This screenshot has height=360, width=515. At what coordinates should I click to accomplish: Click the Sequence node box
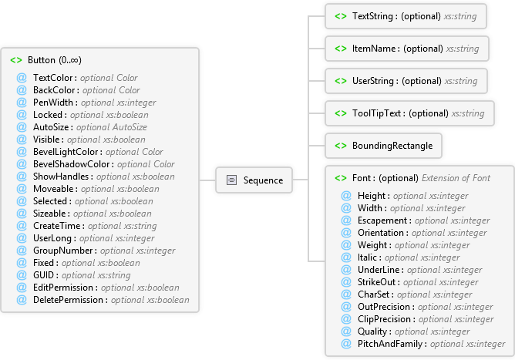click(254, 180)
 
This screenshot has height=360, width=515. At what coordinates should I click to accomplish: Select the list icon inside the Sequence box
click(231, 180)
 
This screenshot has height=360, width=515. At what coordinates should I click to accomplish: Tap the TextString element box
click(406, 16)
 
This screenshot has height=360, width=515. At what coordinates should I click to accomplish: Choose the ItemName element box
click(407, 49)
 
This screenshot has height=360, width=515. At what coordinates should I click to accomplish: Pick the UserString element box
click(406, 81)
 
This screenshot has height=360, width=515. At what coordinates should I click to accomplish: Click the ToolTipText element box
click(409, 113)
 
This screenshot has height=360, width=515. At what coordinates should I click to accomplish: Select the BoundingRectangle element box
click(383, 146)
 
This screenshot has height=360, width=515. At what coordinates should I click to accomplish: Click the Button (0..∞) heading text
click(55, 60)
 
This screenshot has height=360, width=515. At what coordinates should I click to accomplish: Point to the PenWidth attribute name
click(53, 103)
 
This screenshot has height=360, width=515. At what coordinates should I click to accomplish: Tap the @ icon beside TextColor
click(22, 78)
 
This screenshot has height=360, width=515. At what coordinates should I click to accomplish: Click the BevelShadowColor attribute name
click(71, 164)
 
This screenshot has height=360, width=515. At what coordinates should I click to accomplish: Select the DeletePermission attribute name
click(68, 300)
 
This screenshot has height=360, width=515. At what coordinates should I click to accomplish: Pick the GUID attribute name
click(43, 275)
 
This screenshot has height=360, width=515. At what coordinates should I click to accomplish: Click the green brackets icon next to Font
click(341, 178)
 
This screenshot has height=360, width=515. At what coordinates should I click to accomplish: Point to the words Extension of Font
click(456, 178)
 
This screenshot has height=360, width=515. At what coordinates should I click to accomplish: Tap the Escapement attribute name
click(382, 220)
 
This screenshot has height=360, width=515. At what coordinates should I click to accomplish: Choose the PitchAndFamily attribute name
click(390, 344)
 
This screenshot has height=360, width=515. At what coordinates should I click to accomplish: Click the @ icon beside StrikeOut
click(346, 282)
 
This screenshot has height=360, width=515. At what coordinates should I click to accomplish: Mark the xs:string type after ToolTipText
click(468, 113)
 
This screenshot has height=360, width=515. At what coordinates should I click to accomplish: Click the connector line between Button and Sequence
click(207, 180)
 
